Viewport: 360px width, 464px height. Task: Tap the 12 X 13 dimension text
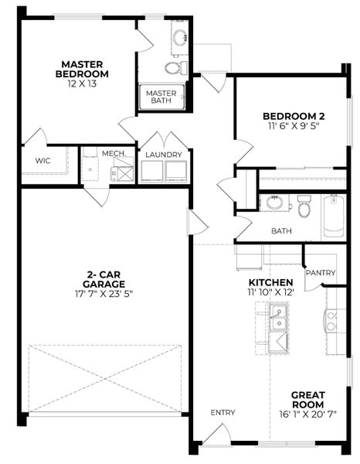click(82, 84)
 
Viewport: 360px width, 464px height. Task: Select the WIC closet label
click(42, 161)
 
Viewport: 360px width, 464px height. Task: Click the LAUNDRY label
click(164, 154)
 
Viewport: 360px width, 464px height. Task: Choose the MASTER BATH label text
click(161, 97)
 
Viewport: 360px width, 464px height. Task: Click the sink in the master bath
click(179, 38)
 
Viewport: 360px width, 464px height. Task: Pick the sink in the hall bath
click(274, 203)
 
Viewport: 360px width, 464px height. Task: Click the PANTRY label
click(320, 273)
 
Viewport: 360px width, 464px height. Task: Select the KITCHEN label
click(270, 282)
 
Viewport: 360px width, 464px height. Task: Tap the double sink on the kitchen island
click(278, 316)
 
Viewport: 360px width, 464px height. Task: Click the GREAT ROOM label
click(307, 400)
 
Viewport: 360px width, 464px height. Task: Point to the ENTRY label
click(223, 412)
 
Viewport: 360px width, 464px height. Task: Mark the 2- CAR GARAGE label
click(101, 278)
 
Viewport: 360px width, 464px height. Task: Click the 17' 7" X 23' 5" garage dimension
click(101, 293)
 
